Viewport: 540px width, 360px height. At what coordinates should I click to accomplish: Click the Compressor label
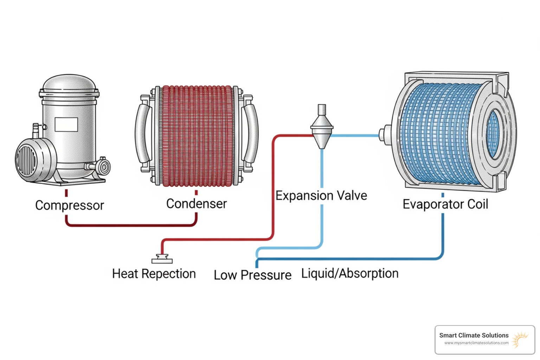tap(70, 205)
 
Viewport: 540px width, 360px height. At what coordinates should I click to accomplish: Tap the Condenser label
tap(197, 204)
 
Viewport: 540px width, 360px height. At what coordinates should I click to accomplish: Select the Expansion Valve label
tap(321, 195)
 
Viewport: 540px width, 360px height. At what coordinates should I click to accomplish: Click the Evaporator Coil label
tap(445, 204)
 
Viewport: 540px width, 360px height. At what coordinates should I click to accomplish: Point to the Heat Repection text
tap(154, 274)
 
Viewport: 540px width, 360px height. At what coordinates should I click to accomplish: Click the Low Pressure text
tap(252, 275)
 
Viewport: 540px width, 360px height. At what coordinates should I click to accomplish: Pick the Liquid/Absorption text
tap(350, 274)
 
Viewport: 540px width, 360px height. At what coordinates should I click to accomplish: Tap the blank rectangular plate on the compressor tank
tap(66, 124)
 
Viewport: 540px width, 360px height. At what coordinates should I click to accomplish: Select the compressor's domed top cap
tap(69, 83)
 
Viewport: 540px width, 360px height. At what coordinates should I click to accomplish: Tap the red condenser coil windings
tap(197, 135)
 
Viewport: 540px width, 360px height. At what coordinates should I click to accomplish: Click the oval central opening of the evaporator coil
tap(493, 134)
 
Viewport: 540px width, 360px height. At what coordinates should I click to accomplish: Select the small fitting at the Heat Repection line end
tap(162, 260)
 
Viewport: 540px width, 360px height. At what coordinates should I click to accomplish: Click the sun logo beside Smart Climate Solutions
tap(520, 339)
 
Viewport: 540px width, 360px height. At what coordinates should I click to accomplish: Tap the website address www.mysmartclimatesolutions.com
tap(476, 343)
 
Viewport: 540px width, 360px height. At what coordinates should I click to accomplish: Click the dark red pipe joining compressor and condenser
tap(130, 225)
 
